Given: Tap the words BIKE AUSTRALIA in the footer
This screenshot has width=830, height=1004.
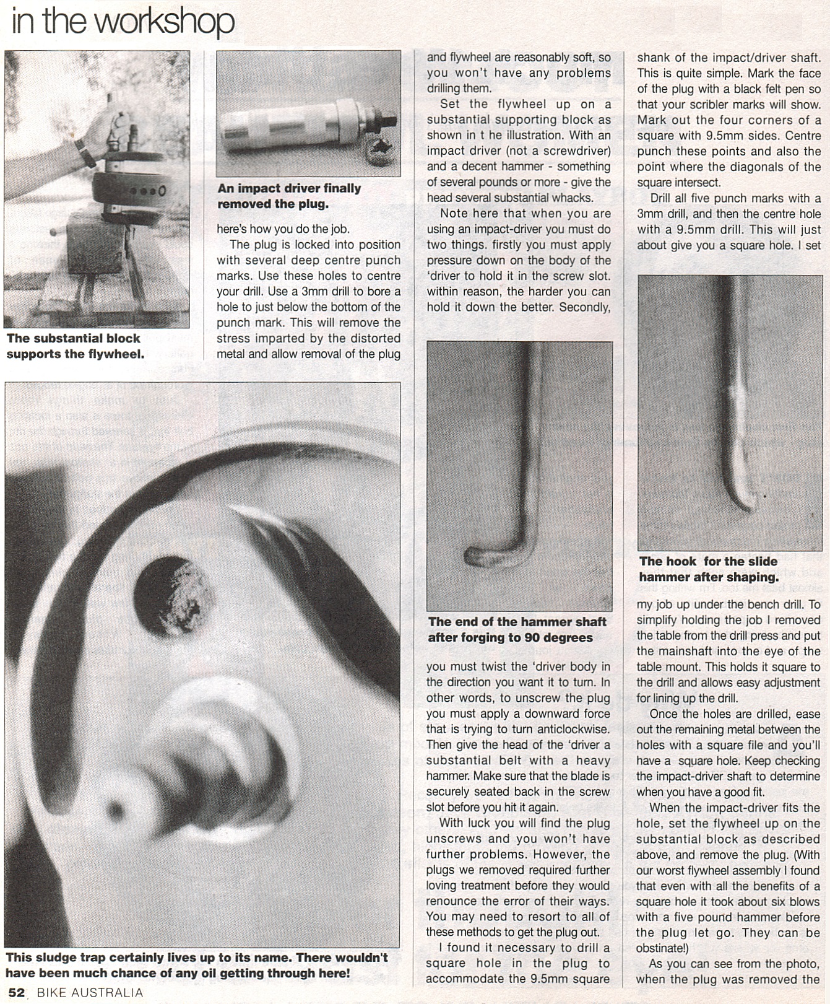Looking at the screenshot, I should [90, 993].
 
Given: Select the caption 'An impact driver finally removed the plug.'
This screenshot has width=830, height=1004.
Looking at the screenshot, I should [288, 196].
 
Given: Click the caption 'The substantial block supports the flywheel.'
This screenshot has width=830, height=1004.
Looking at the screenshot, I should [75, 346].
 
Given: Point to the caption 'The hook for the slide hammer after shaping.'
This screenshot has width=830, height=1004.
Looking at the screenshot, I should [708, 569].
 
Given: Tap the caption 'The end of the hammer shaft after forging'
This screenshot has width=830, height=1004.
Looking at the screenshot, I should [517, 629].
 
